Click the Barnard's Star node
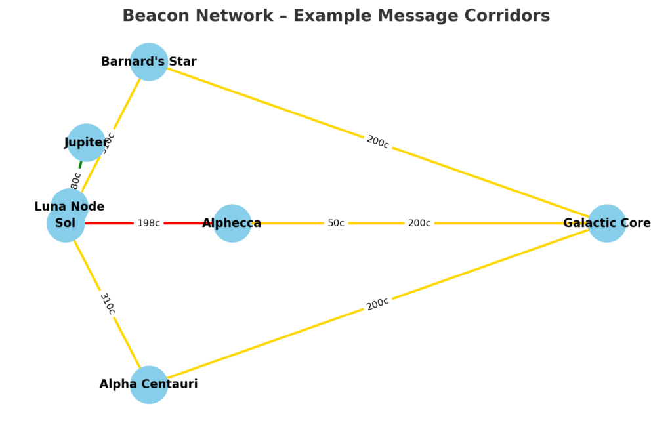tap(149, 62)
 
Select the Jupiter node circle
tap(86, 142)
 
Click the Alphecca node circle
tap(232, 223)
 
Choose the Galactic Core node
tap(606, 223)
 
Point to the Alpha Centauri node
tap(149, 384)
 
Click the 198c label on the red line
tap(148, 223)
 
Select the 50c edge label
tap(336, 223)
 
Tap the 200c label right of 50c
tap(419, 223)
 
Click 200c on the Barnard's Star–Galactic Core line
tap(377, 142)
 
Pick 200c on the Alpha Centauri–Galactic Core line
tap(377, 304)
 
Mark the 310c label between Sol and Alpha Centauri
tap(107, 304)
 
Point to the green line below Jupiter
tap(80, 164)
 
